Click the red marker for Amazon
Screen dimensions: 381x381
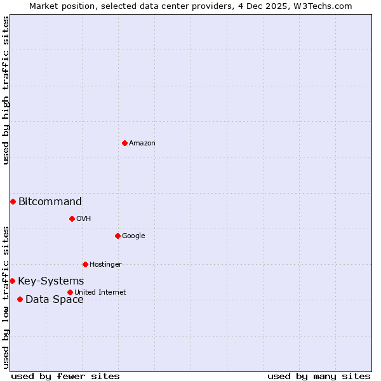124,143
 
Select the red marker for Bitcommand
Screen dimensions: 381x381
13,201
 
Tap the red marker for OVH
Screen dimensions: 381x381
72,218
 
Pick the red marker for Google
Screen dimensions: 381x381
117,236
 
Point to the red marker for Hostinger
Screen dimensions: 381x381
85,264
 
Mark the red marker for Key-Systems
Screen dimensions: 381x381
12,281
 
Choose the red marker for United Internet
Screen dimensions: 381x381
70,292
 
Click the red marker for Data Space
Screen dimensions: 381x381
20,299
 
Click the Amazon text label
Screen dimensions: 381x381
142,144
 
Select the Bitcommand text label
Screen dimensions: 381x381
50,202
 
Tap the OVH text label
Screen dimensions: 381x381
84,219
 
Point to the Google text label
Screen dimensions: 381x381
133,236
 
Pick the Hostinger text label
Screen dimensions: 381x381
105,265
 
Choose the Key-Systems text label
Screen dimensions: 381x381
51,281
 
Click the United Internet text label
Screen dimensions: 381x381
100,293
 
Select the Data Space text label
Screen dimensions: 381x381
55,300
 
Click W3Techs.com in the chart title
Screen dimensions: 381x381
326,6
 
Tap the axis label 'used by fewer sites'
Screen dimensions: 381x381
65,376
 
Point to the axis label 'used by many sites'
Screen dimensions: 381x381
319,376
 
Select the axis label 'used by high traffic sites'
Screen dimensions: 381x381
6,90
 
